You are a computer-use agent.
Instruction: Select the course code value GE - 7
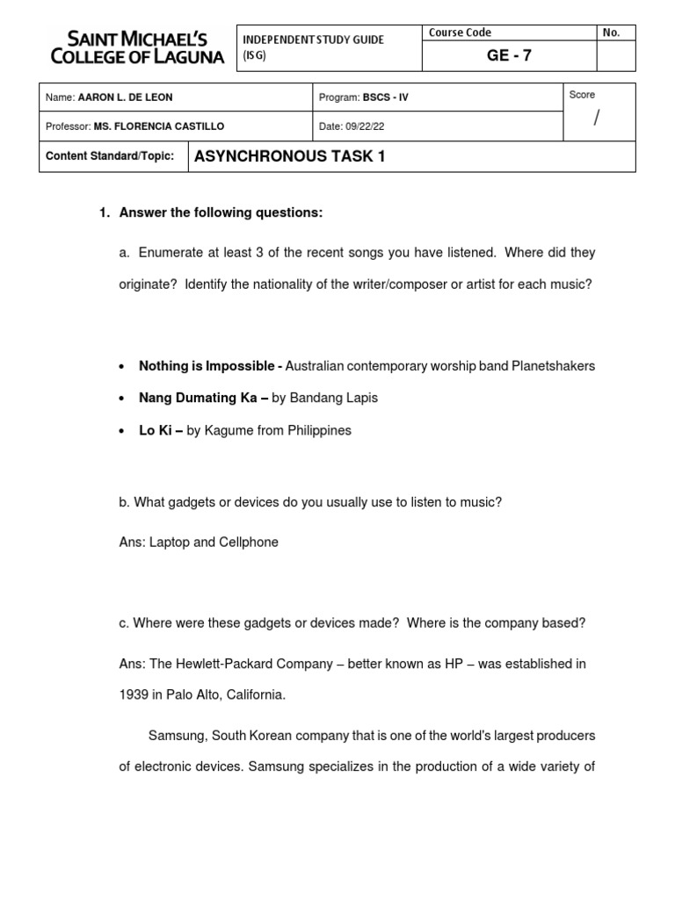point(510,56)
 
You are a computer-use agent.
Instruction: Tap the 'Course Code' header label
point(460,32)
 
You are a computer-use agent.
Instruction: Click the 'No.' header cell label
point(611,32)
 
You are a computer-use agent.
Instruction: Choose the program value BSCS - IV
point(387,97)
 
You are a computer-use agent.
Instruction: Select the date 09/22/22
point(364,126)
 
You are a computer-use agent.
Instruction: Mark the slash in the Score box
point(596,119)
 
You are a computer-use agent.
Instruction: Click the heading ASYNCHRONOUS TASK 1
point(289,156)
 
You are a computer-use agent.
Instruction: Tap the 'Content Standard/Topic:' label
point(110,156)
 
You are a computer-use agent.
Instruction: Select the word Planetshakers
point(554,366)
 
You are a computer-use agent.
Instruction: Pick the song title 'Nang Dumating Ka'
point(198,399)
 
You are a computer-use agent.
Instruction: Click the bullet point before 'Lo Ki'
point(120,431)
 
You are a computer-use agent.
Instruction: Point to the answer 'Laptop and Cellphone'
point(214,543)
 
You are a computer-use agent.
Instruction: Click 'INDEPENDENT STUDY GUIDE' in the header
point(313,40)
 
